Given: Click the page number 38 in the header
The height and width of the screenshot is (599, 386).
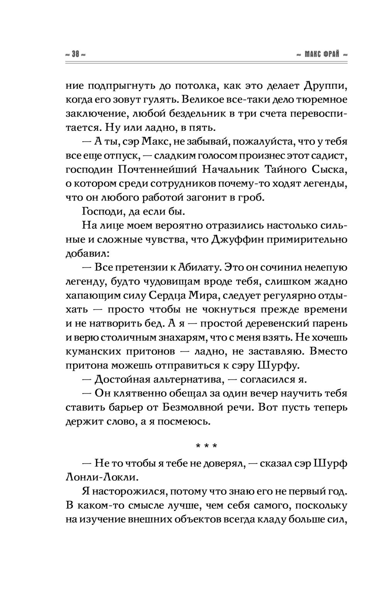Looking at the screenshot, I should tap(75, 54).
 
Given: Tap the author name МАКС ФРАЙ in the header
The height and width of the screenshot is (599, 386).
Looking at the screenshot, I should tap(322, 54).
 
